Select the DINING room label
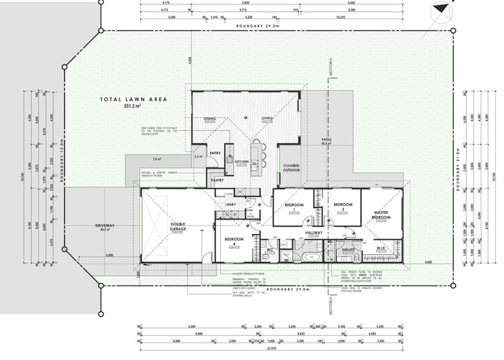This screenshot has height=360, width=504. tap(210, 118)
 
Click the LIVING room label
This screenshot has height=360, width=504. tap(266, 118)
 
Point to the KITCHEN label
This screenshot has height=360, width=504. tap(241, 162)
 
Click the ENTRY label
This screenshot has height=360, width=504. tap(215, 153)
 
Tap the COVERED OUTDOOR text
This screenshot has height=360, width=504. tap(291, 169)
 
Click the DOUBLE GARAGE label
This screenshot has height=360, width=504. tap(179, 225)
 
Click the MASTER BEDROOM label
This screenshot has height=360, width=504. tap(381, 214)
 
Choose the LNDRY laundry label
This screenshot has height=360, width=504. tap(232, 205)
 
